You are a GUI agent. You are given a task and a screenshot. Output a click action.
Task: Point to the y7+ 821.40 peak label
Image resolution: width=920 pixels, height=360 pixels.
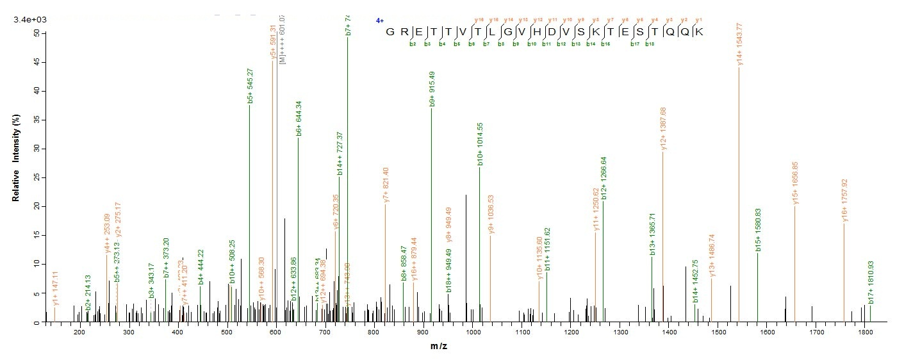(386, 184)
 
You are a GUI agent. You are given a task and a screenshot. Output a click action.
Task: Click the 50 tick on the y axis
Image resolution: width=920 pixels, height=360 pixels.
(37, 33)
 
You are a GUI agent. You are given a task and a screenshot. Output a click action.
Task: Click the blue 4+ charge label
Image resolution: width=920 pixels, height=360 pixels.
(379, 20)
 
